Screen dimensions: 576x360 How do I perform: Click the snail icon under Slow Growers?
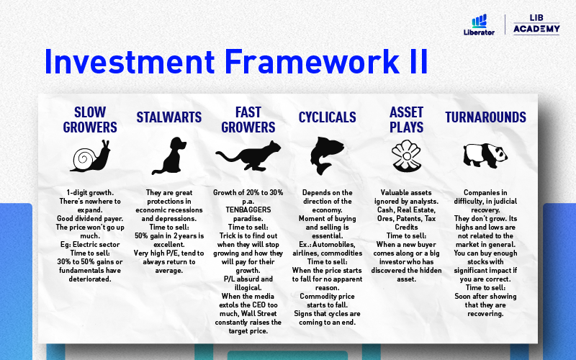click(x=91, y=156)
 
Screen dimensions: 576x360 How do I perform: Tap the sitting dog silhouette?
click(x=169, y=156)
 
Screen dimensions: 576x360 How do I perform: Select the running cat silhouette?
click(x=248, y=156)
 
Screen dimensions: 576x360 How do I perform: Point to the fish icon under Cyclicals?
click(x=327, y=156)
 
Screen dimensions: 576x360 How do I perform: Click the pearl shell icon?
click(x=406, y=156)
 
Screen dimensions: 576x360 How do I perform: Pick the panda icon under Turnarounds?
click(x=485, y=156)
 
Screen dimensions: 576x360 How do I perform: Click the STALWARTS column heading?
click(x=169, y=117)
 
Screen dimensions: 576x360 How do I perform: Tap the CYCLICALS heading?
click(x=328, y=117)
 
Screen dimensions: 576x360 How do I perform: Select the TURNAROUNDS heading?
click(x=485, y=117)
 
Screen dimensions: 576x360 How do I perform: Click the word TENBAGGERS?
click(x=248, y=210)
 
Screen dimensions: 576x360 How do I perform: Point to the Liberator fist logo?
click(x=479, y=21)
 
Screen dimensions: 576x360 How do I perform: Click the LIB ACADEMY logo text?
click(x=536, y=24)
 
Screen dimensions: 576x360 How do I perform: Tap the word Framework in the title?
click(x=312, y=62)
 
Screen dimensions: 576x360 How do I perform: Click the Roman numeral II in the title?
click(x=418, y=62)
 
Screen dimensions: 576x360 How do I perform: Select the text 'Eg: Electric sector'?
click(x=90, y=244)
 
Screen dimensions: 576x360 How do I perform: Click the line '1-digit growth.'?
click(x=90, y=192)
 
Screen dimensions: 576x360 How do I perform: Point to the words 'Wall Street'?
click(x=258, y=314)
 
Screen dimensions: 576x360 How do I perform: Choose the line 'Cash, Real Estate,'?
click(x=406, y=210)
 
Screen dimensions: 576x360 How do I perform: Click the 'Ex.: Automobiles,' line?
click(x=327, y=244)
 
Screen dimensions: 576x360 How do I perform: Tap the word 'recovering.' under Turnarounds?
click(x=485, y=314)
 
